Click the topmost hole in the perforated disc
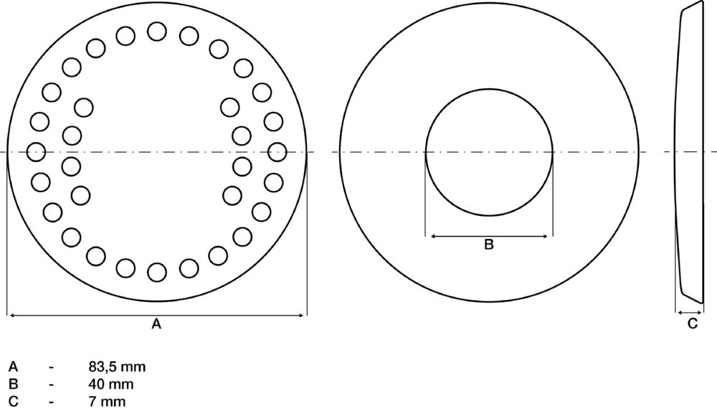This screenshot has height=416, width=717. coord(157,32)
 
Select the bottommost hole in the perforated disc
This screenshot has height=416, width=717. coord(157,272)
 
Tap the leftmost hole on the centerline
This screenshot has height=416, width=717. coord(36,152)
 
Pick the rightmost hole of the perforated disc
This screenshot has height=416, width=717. coord(277,152)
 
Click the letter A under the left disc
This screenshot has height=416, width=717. coord(156,324)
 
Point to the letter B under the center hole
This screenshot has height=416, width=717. coord(489,245)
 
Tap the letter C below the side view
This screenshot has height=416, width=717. coord(692,323)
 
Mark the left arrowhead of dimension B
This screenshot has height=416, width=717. coord(429,236)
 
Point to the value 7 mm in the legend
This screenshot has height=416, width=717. coord(104,402)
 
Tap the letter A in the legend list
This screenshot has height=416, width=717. coord(12,367)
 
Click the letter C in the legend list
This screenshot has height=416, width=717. coord(12,402)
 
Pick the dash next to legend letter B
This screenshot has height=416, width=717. coord(52,384)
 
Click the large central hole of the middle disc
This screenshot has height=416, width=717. coord(489,152)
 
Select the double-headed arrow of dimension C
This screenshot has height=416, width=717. coord(690,312)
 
